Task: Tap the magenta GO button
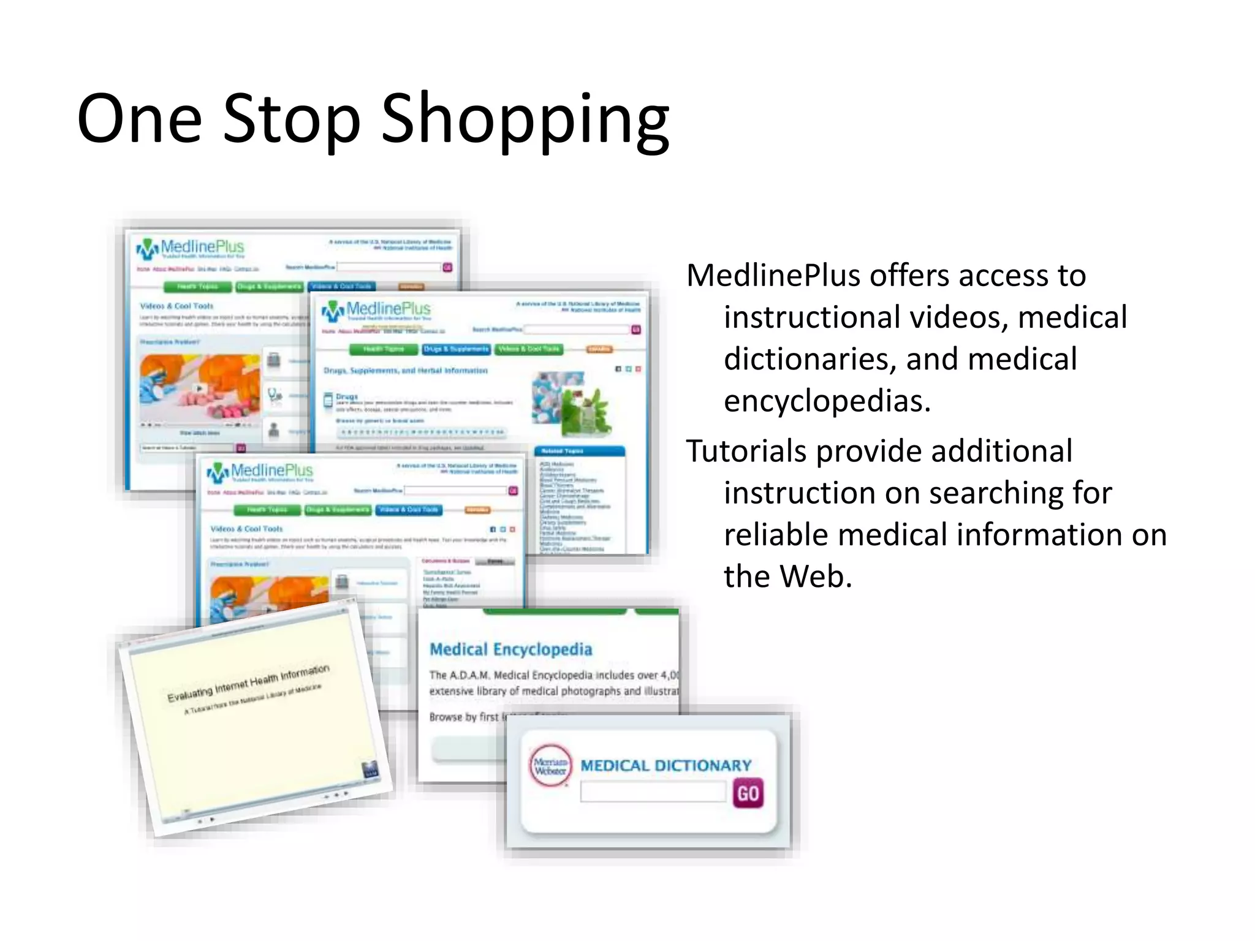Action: pos(748,793)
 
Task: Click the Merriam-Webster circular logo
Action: pos(550,766)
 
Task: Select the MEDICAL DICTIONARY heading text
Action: pos(665,766)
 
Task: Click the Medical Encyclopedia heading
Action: pos(511,649)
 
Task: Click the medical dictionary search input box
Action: pos(653,792)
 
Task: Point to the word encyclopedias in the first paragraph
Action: pos(827,402)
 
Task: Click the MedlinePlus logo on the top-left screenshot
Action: pos(190,248)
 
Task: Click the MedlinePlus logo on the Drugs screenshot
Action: pos(376,310)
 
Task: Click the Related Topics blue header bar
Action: pos(580,451)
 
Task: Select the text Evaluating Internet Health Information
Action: pos(248,682)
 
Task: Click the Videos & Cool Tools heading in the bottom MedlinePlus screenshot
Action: pos(246,529)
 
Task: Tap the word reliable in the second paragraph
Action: pos(776,535)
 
